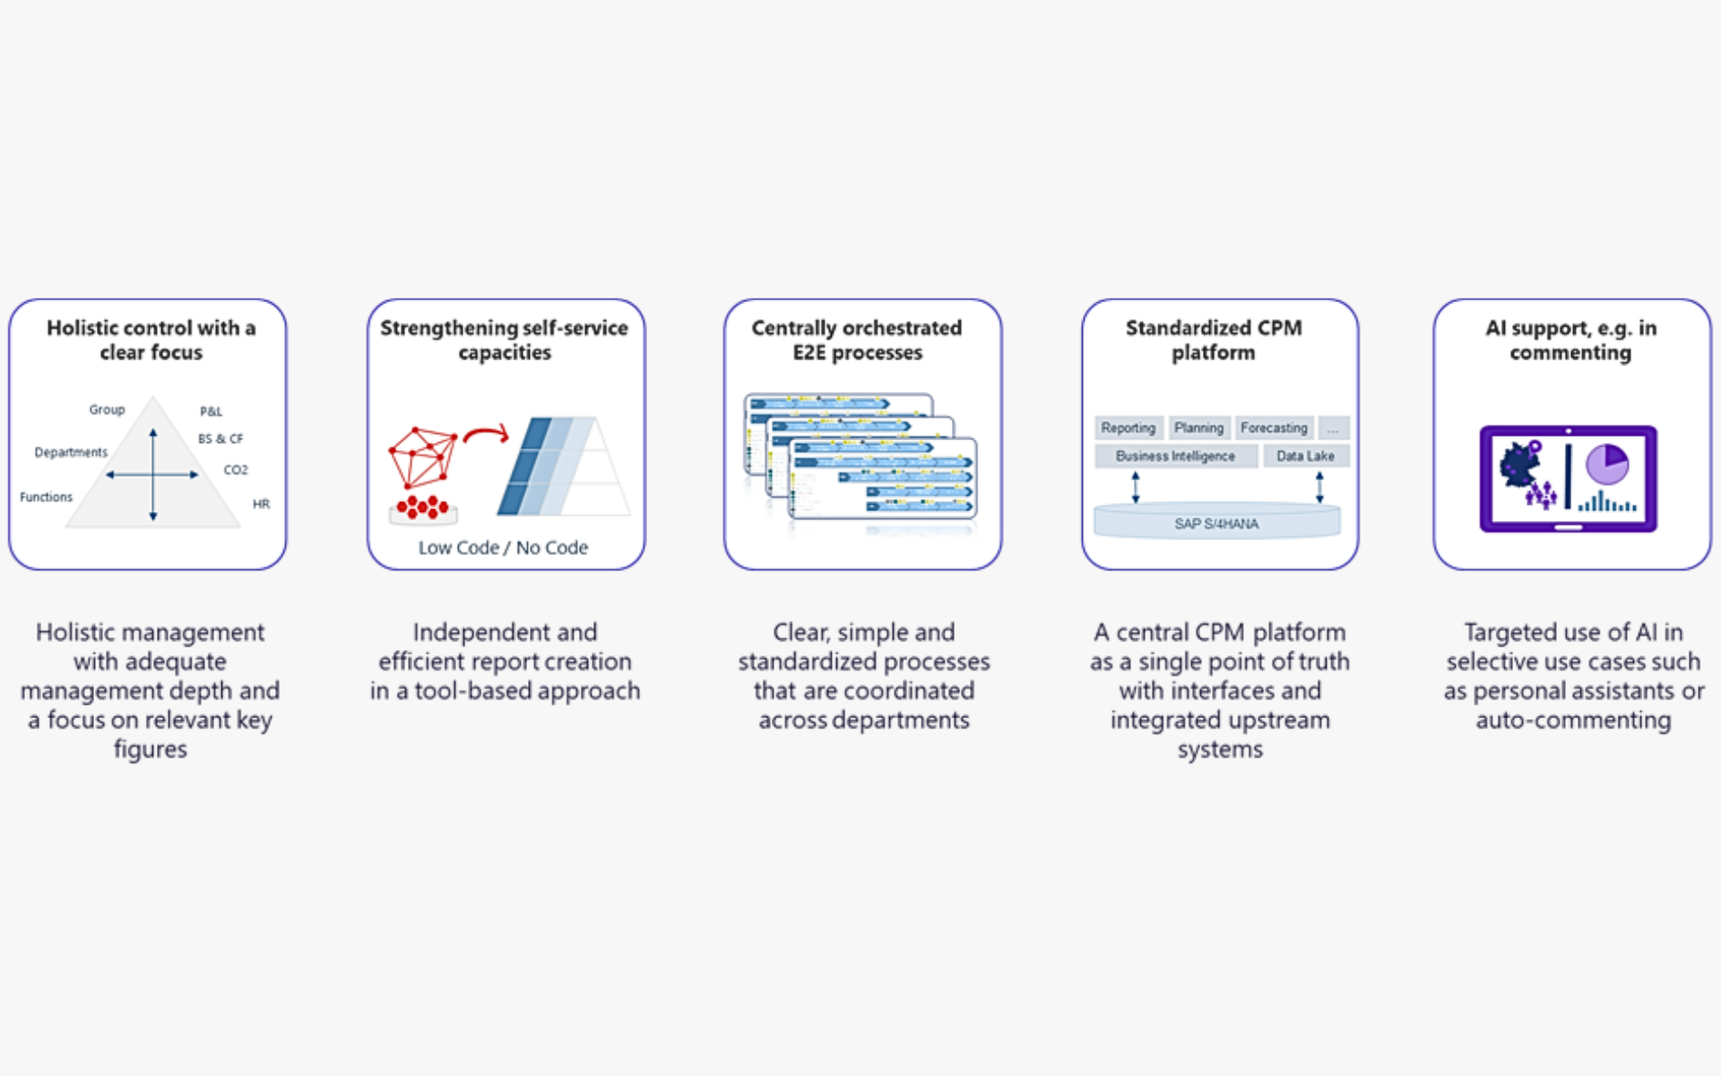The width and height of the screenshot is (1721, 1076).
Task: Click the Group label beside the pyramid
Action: point(107,410)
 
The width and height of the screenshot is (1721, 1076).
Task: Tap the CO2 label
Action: point(236,470)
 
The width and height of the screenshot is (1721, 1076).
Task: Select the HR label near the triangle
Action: point(261,504)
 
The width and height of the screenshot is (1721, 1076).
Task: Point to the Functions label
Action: point(46,497)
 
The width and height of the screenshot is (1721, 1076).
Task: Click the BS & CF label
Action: point(221,438)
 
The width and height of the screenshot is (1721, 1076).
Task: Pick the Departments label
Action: point(71,452)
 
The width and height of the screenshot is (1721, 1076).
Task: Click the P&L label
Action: point(211,412)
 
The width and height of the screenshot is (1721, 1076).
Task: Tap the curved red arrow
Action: point(487,435)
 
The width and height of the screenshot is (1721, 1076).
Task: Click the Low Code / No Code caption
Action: point(503,548)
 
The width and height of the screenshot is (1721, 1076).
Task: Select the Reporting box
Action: point(1128,428)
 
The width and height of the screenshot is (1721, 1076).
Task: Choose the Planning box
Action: point(1198,428)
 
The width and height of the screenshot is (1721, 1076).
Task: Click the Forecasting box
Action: point(1274,428)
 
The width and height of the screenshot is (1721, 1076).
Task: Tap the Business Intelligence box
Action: point(1174,456)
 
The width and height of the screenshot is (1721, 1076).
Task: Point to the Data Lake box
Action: point(1305,456)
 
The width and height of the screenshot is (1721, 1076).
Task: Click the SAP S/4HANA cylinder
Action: point(1216,523)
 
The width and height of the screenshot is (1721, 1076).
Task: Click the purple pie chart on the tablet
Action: point(1607,464)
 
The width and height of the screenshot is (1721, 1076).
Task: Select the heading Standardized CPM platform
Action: point(1214,340)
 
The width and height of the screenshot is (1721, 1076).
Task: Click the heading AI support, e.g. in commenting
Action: point(1570,340)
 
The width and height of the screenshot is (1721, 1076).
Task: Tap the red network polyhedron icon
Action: point(421,456)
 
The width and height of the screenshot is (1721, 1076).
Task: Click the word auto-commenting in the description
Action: point(1573,720)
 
